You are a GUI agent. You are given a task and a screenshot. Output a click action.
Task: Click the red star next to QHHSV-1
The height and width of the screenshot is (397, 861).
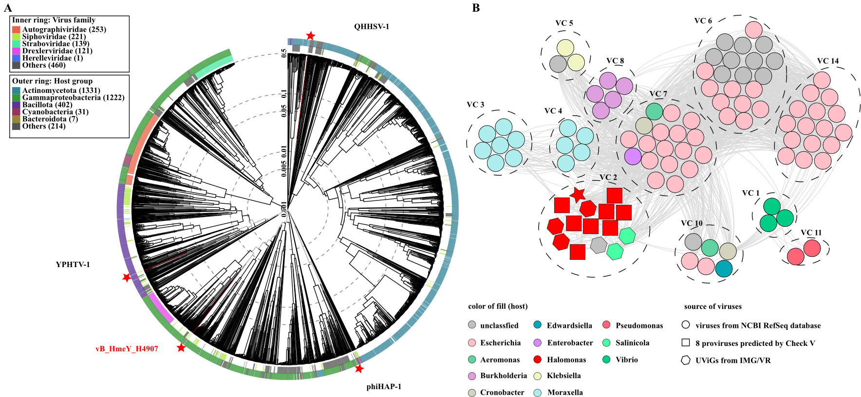310,36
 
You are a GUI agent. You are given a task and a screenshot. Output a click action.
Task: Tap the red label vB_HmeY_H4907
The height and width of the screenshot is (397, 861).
127,349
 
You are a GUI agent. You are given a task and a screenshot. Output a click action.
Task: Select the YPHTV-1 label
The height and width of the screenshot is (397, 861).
73,265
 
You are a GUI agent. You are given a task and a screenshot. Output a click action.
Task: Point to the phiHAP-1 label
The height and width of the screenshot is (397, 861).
384,387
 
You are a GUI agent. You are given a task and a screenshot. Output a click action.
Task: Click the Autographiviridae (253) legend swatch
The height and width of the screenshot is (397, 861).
16,30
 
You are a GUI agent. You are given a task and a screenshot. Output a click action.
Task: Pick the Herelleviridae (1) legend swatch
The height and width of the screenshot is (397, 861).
16,58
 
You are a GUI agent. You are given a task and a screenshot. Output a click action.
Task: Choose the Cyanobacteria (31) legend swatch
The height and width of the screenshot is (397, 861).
16,112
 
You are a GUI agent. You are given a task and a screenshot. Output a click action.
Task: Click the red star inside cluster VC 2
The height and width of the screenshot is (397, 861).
578,195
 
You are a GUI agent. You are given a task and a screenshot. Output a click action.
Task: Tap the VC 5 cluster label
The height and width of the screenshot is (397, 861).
564,23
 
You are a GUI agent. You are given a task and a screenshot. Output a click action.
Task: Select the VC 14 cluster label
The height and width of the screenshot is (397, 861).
828,61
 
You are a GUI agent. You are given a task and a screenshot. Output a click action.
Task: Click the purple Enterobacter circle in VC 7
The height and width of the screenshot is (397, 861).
632,156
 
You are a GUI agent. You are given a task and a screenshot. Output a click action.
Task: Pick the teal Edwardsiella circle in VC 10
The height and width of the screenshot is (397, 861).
724,269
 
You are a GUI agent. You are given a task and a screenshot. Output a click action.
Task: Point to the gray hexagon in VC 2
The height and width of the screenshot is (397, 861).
598,245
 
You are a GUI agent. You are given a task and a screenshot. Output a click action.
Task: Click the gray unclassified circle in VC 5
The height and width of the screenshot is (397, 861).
558,63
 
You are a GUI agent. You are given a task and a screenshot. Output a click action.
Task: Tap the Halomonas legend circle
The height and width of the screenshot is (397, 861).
538,360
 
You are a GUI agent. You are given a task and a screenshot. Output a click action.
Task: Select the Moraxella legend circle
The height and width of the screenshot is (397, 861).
538,393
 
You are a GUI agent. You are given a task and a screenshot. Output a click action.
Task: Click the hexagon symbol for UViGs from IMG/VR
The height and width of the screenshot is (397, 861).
686,361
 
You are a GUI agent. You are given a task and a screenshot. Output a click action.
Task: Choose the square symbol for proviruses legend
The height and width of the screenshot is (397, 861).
686,343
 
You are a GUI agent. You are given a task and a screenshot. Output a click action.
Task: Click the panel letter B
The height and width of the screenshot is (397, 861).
476,8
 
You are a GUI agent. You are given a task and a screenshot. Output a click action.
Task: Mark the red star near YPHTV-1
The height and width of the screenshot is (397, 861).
127,277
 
